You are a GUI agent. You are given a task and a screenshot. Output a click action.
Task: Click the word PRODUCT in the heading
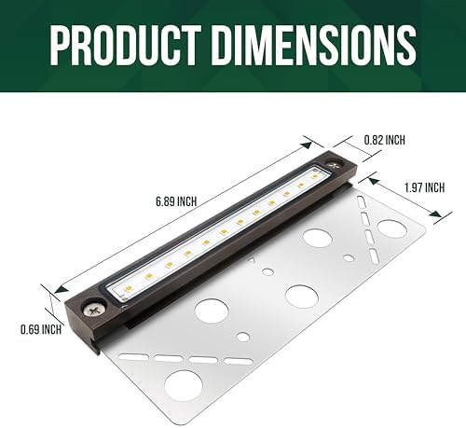pos(125,46)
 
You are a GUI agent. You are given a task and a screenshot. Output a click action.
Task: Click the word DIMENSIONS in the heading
pos(315,46)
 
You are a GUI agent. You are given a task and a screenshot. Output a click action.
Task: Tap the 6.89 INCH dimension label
pos(176,201)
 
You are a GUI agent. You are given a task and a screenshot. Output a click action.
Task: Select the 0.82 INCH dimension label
pos(385,140)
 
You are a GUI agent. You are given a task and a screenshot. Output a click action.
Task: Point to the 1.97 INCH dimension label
pos(424,187)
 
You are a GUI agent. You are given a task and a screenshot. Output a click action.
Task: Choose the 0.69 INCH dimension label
pos(41,329)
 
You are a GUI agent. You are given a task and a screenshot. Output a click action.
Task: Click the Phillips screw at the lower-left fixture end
pos(93,309)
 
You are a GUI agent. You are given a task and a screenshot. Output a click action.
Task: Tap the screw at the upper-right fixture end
pos(336,165)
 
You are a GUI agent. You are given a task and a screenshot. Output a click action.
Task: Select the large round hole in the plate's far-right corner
pos(392,229)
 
